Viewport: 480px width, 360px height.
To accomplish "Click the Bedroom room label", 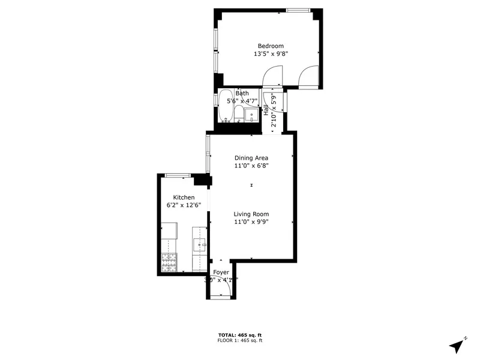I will (x=271, y=46).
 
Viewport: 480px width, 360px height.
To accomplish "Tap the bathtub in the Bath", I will (x=226, y=106).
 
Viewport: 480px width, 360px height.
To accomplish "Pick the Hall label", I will (x=266, y=110).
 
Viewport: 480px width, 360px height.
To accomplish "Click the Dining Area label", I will (x=251, y=158).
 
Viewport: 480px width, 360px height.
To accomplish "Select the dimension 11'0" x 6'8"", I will (x=251, y=166).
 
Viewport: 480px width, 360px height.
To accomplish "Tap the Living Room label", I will (x=251, y=214).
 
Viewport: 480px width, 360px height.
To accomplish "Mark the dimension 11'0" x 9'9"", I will (x=251, y=222).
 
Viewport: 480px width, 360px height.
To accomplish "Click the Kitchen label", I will (x=184, y=197).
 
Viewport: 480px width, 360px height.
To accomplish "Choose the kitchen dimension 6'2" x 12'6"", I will (x=184, y=205).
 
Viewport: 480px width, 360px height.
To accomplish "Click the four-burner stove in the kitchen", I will (x=169, y=262).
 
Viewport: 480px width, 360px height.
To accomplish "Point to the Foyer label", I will (x=221, y=272).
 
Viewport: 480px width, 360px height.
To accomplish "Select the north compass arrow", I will (x=458, y=345).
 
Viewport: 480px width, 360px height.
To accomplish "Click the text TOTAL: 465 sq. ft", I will (x=239, y=335).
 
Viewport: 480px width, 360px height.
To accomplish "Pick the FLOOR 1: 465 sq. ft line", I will (x=239, y=340).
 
